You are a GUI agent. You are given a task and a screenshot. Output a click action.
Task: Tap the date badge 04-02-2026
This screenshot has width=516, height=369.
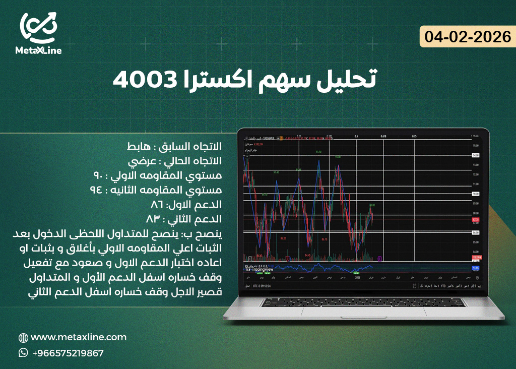[468, 37]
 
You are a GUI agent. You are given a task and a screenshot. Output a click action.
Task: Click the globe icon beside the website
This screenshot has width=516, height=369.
[23, 338]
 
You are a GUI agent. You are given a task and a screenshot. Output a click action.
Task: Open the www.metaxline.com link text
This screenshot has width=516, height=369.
[79, 337]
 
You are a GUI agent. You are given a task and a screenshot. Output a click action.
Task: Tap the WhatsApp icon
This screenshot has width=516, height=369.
[23, 353]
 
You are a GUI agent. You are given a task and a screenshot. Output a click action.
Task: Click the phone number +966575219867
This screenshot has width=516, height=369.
[68, 353]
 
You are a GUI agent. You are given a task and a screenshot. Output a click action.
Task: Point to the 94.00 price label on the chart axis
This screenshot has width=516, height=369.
[475, 155]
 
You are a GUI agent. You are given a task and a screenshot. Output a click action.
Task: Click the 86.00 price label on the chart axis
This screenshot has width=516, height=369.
[475, 232]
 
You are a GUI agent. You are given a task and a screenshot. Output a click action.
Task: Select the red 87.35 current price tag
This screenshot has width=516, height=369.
[475, 220]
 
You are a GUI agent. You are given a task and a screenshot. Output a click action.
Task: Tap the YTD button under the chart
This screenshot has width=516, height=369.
[443, 286]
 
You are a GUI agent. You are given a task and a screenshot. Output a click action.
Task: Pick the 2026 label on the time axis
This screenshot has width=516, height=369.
[358, 278]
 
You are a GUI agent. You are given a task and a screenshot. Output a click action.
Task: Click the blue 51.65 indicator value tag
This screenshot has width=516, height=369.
[475, 268]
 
